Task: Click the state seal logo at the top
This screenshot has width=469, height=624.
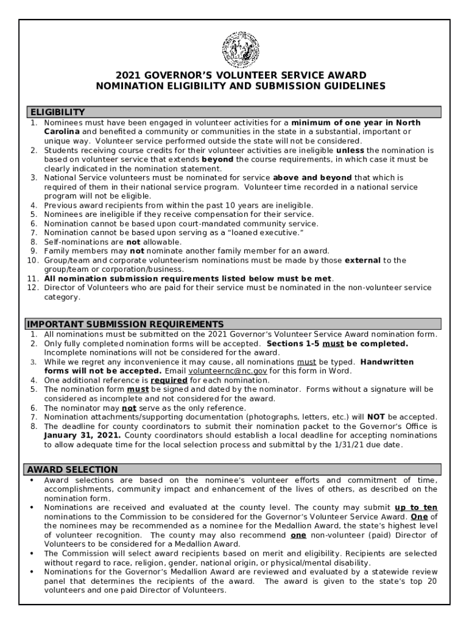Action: pos(241,49)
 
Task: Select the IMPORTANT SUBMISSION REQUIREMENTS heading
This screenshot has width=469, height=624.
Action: pos(124,324)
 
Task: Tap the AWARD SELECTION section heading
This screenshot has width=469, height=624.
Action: pos(71,469)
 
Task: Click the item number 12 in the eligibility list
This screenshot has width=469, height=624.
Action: pos(33,288)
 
